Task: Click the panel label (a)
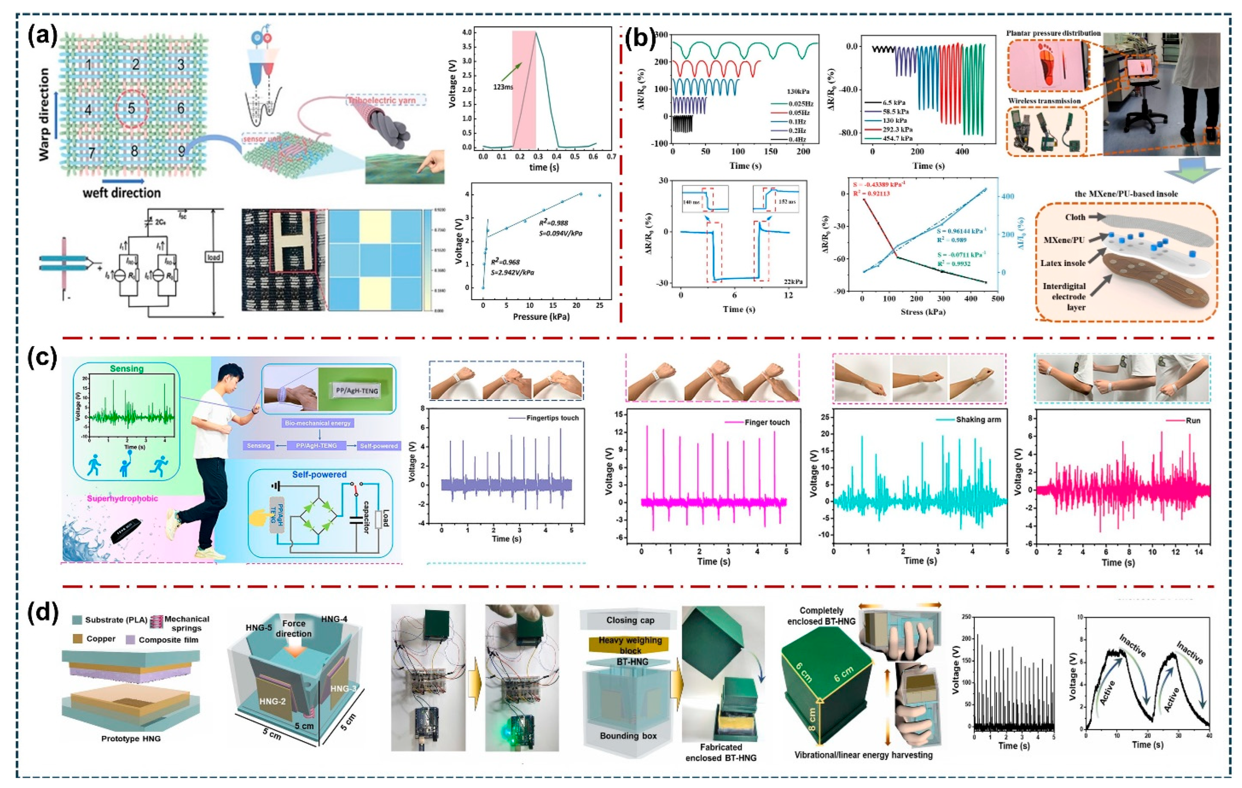click(42, 37)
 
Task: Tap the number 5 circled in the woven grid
click(131, 108)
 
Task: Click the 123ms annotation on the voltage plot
click(503, 87)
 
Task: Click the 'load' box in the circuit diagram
click(213, 257)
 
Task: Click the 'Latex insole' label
click(1063, 263)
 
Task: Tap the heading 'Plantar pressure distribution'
click(1053, 33)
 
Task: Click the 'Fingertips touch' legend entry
click(552, 418)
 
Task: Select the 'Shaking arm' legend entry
click(978, 419)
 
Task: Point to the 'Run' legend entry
click(1193, 420)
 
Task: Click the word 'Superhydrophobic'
click(122, 499)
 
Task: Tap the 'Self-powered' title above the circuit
click(319, 474)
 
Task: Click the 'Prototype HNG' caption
click(131, 739)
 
